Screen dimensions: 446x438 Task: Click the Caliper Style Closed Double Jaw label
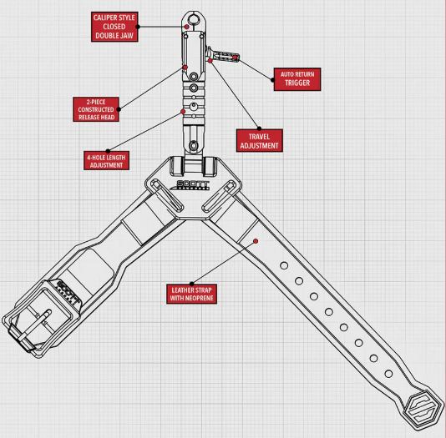point(114,27)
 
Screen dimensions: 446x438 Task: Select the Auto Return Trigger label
point(297,79)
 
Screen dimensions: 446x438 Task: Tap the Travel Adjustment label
point(260,141)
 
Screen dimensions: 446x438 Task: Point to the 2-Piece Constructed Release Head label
point(96,109)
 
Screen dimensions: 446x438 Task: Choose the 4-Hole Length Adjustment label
point(106,161)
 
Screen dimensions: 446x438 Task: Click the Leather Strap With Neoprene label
point(192,294)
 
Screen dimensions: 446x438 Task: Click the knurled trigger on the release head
point(224,55)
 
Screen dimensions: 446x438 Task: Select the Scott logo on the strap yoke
point(190,185)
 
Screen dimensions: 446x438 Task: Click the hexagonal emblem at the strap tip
point(424,409)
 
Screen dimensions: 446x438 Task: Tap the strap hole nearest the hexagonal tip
point(388,374)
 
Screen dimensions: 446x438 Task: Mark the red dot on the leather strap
point(256,241)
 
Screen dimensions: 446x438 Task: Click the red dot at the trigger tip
point(235,58)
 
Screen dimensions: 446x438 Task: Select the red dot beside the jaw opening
point(186,27)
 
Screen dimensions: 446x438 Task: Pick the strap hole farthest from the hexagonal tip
point(284,265)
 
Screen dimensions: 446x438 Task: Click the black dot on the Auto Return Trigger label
point(273,80)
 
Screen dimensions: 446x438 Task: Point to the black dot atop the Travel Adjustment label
point(259,128)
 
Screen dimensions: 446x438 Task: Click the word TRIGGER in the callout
point(297,83)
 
